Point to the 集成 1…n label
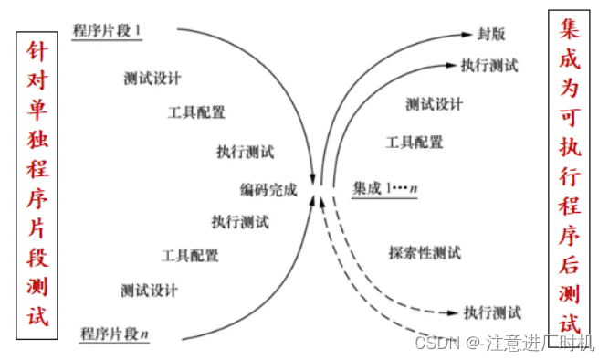tap(384, 188)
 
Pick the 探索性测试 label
tap(424, 252)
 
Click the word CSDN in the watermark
tap(436, 344)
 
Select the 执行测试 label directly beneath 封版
tap(490, 66)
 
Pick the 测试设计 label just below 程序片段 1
tap(152, 79)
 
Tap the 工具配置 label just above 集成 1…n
tap(415, 142)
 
